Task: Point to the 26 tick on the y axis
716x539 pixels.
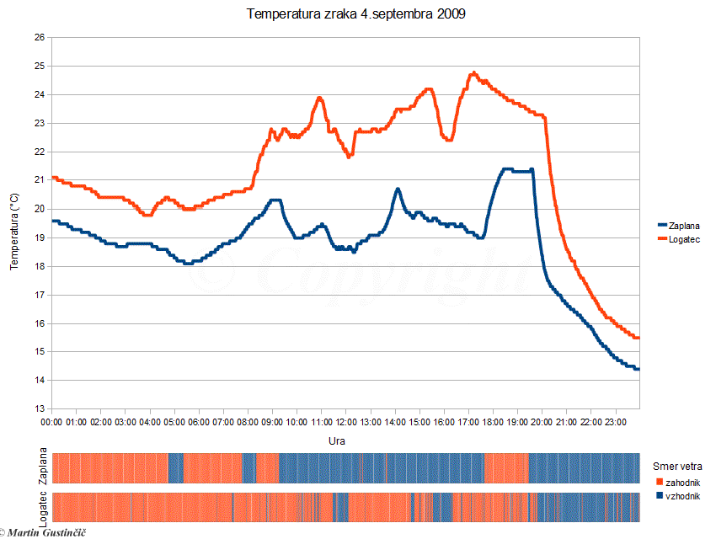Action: pos(40,37)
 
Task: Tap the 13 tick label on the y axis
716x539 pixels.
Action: pos(40,408)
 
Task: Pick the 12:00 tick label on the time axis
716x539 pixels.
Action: pos(346,420)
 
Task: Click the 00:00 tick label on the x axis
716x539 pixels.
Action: pos(51,420)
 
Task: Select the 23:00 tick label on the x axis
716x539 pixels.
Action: pos(616,420)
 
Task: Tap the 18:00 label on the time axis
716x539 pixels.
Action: pos(493,420)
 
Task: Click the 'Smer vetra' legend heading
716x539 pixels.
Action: pos(677,466)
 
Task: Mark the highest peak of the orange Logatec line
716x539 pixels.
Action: pos(473,73)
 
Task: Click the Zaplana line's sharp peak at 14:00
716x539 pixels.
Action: pos(398,189)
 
